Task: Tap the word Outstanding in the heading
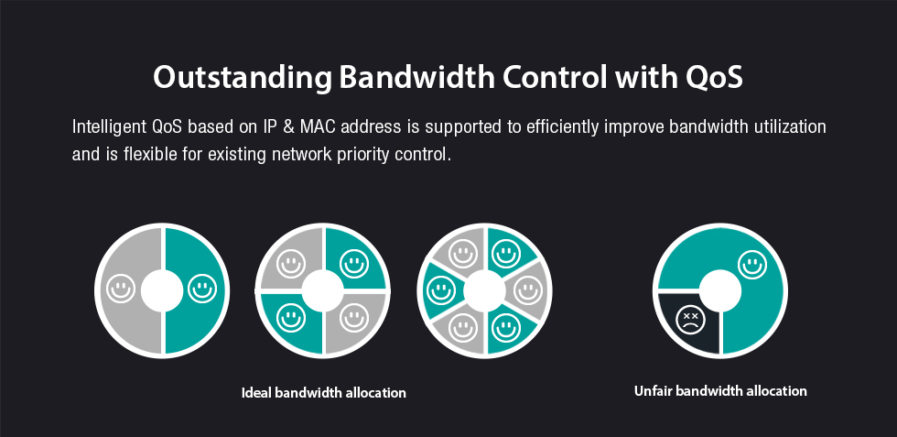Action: click(x=242, y=77)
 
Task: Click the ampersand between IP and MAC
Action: click(x=289, y=126)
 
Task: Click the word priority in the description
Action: click(x=362, y=155)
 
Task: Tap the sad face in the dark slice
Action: click(x=690, y=320)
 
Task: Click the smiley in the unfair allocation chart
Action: click(x=752, y=265)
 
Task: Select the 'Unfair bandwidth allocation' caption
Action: click(x=720, y=391)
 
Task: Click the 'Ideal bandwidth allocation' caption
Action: click(x=324, y=393)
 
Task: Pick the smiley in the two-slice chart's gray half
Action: click(x=121, y=288)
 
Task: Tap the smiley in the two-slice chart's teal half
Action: click(x=202, y=288)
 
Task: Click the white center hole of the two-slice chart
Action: click(x=162, y=291)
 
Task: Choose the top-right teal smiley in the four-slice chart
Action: click(x=354, y=264)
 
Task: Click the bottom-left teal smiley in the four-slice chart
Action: click(x=291, y=319)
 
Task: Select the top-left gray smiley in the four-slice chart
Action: click(x=291, y=264)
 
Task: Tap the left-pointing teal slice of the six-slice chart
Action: click(x=442, y=290)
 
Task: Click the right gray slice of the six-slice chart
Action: click(x=527, y=290)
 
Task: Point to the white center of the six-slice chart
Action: click(x=484, y=291)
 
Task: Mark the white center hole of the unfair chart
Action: click(x=720, y=291)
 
